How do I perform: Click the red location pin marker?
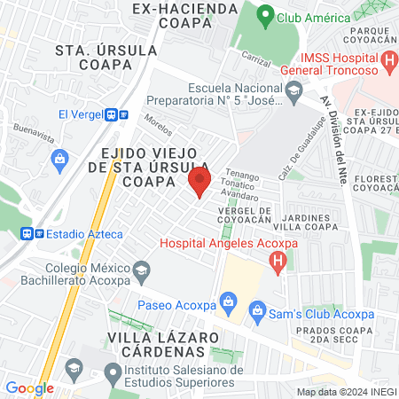(x=199, y=184)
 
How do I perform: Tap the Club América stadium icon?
(x=264, y=16)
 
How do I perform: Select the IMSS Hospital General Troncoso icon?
(x=388, y=62)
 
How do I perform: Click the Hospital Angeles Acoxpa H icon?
(x=278, y=261)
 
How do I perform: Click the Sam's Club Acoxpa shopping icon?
(x=257, y=309)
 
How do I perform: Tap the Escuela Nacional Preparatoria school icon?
(x=293, y=89)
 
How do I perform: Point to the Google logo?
(x=29, y=387)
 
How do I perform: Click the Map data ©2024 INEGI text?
(x=345, y=391)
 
